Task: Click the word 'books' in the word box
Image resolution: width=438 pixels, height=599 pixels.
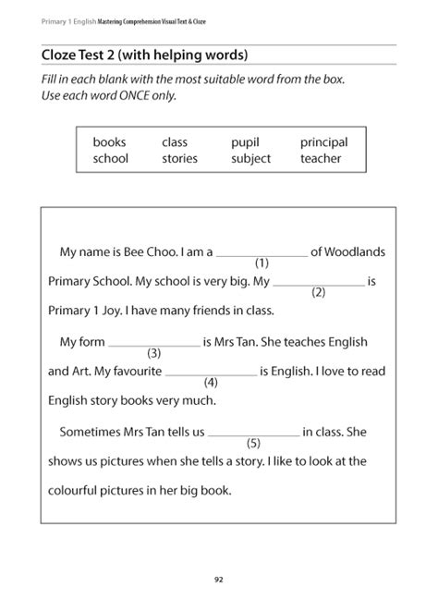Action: pyautogui.click(x=109, y=142)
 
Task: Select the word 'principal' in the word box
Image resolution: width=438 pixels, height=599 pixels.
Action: pyautogui.click(x=323, y=142)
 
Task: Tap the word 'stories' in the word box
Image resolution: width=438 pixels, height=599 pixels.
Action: pyautogui.click(x=179, y=158)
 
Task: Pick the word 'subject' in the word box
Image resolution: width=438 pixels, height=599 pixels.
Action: pyautogui.click(x=251, y=158)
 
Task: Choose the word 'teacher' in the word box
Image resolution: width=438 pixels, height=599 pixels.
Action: pyautogui.click(x=321, y=158)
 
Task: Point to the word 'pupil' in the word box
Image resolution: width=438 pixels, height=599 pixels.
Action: pyautogui.click(x=246, y=142)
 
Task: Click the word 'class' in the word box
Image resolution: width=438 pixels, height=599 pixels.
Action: pyautogui.click(x=175, y=142)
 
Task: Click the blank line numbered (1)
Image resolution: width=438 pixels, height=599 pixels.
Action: pyautogui.click(x=262, y=254)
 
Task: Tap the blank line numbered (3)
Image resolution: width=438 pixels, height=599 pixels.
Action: pyautogui.click(x=154, y=345)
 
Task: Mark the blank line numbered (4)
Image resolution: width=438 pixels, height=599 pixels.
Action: pyautogui.click(x=211, y=374)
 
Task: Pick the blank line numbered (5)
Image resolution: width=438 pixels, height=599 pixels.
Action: pyautogui.click(x=254, y=434)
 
